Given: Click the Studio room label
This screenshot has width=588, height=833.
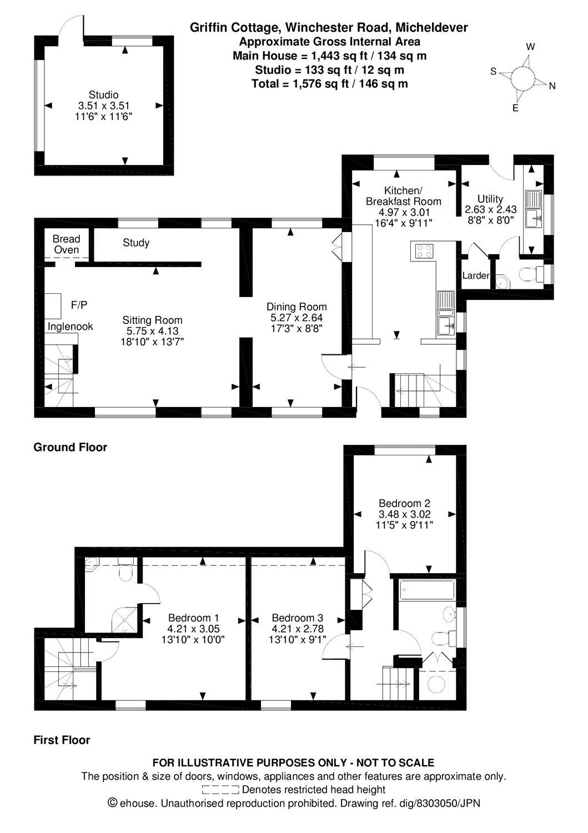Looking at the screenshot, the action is (103, 94).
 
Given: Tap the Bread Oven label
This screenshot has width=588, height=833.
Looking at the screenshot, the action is (66, 244).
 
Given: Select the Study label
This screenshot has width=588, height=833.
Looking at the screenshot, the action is (136, 243).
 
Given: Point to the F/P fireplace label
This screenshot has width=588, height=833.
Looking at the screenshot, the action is (79, 305).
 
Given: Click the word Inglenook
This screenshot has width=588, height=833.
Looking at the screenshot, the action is (71, 327).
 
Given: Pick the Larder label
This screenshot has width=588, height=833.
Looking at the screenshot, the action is (476, 275).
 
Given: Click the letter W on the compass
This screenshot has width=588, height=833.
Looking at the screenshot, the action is (531, 47).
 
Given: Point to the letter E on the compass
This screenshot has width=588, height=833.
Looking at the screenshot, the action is (515, 108).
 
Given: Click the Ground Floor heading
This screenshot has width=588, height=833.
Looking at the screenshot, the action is (71, 447).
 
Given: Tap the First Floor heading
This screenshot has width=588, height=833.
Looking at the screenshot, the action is (62, 740).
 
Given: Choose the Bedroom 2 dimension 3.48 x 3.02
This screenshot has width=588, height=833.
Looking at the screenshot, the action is (405, 514).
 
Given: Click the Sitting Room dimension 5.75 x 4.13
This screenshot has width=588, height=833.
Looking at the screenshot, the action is (153, 331).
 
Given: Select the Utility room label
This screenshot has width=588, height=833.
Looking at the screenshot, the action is (490, 199).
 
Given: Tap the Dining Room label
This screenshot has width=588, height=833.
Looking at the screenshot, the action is (297, 307).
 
